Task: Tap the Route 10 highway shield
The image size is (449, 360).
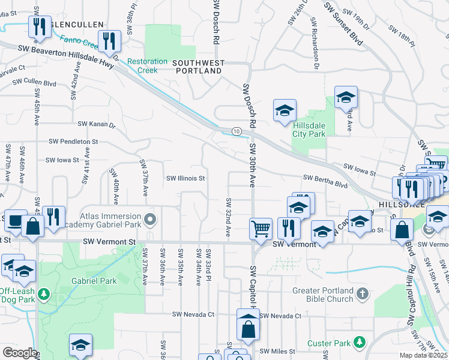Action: (237, 131)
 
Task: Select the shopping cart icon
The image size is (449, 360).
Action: (261, 228)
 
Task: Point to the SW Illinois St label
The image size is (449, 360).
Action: (186, 178)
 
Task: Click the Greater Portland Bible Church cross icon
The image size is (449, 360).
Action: (361, 293)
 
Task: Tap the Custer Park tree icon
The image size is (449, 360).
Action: (360, 342)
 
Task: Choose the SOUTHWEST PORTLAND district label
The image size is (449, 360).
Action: (198, 67)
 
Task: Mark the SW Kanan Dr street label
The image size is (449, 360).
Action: (96, 125)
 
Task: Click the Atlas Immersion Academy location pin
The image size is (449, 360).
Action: (149, 217)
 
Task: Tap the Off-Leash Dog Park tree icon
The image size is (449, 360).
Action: (43, 293)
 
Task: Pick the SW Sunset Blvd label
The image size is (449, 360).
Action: (343, 23)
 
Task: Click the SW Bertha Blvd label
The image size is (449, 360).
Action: (325, 178)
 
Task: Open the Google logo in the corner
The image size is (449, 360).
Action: (19, 353)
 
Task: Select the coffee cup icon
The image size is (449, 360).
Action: (15, 220)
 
